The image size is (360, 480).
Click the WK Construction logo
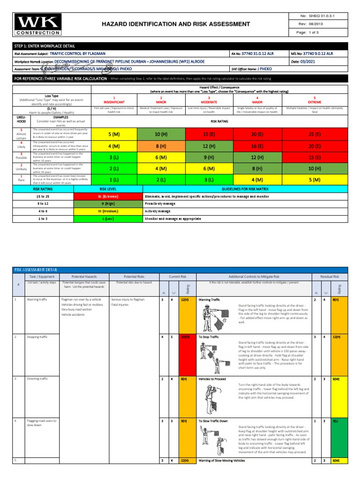(37, 24)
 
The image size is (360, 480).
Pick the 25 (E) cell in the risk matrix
(314, 135)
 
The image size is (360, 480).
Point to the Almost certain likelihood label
(21, 135)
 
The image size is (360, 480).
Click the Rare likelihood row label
(21, 180)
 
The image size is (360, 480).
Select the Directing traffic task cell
(37, 378)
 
